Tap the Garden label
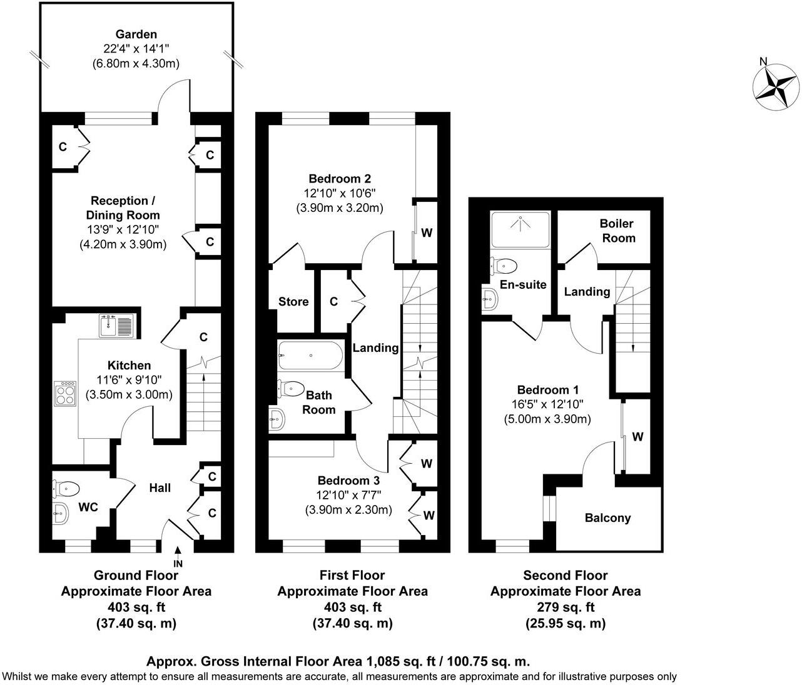coord(136,34)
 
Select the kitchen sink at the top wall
coord(116,326)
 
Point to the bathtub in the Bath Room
coord(311,356)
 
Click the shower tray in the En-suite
coord(521,230)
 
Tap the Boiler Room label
coord(617,231)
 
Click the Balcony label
coord(607,517)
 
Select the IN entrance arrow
coord(178,553)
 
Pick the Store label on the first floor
coord(293,302)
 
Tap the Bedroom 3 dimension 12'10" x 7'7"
coord(348,495)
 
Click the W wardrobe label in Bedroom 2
coord(427,233)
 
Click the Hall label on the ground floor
coord(160,487)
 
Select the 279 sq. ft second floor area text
coord(565,607)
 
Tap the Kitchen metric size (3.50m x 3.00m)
coord(129,395)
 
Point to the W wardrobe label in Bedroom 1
coord(637,437)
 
